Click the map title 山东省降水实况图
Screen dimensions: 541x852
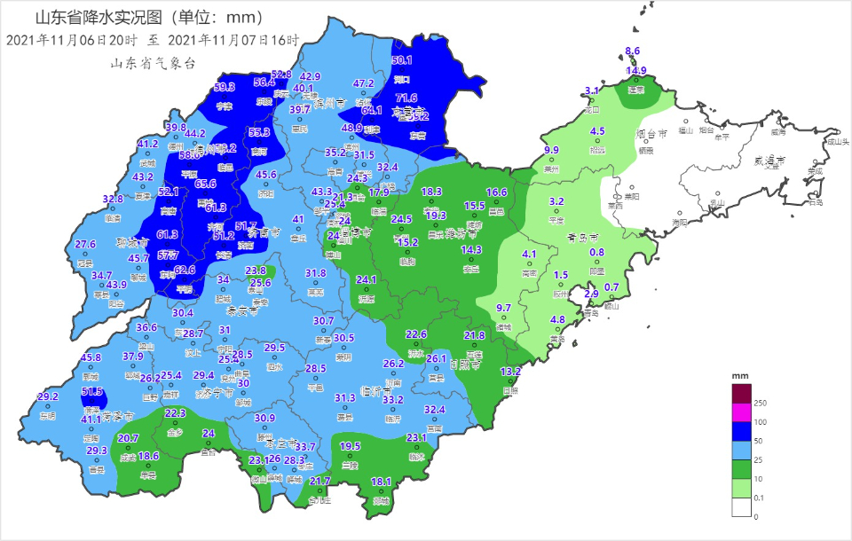point(102,18)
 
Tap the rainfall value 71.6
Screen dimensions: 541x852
point(406,98)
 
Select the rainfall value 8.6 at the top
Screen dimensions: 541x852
point(633,51)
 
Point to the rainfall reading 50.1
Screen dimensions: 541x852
point(402,60)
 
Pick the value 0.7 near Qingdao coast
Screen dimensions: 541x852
point(611,287)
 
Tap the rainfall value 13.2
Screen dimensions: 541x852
point(510,372)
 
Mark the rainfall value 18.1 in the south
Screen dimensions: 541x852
point(381,482)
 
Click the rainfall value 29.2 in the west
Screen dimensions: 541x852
point(48,396)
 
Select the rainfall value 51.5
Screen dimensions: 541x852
point(92,391)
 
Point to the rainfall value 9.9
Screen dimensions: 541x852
point(552,150)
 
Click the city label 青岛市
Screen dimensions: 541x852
point(582,239)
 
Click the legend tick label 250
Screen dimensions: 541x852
point(760,404)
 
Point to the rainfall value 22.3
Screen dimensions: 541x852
point(175,413)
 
